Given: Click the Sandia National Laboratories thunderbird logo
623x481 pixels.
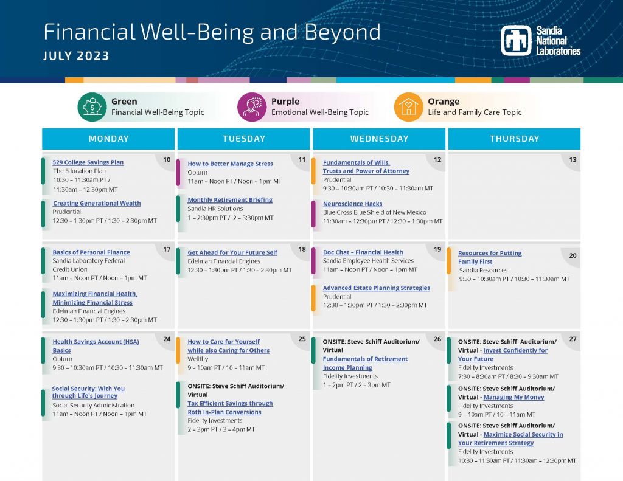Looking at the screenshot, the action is tap(516, 41).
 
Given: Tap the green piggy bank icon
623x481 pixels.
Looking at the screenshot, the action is tap(92, 107).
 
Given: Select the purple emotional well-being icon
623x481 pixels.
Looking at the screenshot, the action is tap(252, 107).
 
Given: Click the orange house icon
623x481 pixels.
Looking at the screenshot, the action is tap(408, 107).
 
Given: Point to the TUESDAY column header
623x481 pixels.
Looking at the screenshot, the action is tap(244, 139).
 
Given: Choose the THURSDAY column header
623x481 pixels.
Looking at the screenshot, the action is tap(515, 139).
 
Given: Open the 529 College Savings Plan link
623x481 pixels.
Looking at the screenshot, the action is tap(88, 162).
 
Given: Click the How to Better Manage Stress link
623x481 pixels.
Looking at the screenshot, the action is tap(231, 163).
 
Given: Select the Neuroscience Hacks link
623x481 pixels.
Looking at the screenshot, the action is tap(353, 204).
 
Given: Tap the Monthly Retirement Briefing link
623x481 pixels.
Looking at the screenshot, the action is tap(230, 200).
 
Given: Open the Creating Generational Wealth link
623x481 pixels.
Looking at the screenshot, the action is tap(97, 203).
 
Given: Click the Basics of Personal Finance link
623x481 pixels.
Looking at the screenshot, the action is tap(91, 252).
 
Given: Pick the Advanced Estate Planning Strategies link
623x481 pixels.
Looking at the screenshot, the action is tap(376, 288).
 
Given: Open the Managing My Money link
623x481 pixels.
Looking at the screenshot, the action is tap(513, 397).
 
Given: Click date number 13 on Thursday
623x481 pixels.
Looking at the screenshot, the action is tap(573, 160).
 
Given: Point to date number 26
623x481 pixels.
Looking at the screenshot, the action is tap(437, 339).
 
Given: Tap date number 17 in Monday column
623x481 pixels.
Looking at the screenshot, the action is tap(167, 249).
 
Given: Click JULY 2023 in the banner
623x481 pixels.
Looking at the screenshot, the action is tap(76, 55).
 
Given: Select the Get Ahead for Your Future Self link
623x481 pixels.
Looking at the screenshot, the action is tap(232, 252).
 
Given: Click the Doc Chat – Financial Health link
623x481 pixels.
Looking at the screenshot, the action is tap(363, 252).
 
